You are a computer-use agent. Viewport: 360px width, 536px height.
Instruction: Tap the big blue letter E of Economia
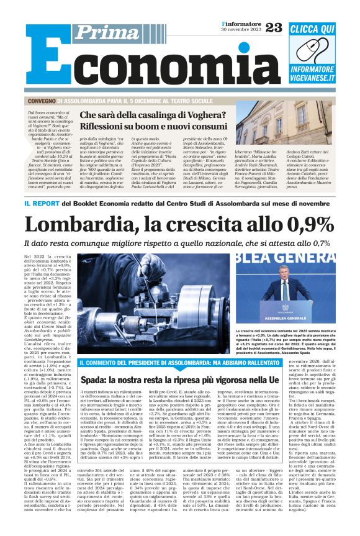point(44,60)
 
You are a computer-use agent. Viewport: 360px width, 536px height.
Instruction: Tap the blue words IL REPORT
point(45,204)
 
